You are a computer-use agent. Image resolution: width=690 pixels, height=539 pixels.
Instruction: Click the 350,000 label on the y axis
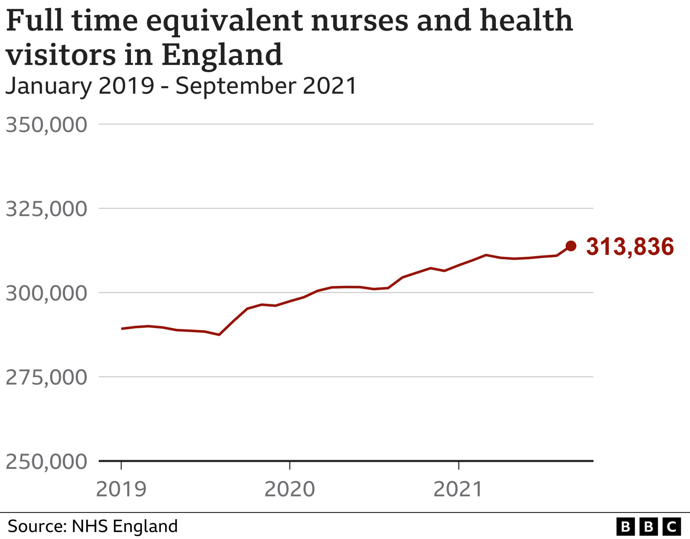click(46, 125)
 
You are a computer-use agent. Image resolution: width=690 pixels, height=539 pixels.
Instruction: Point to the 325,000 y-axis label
click(46, 209)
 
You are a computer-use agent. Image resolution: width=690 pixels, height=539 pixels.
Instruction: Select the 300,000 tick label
click(46, 293)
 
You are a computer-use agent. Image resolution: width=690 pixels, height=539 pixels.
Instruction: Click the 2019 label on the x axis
click(121, 489)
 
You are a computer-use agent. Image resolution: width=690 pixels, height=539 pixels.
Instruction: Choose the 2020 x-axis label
click(290, 489)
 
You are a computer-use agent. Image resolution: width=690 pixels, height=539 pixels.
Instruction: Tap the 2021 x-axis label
click(458, 489)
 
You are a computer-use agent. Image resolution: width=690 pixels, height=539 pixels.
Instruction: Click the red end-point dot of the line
click(571, 246)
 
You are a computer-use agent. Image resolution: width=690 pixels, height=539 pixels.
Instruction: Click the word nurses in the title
click(359, 21)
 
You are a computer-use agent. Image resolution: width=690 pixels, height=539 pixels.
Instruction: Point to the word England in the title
click(222, 55)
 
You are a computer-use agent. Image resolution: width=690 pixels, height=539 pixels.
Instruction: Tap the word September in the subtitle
click(236, 86)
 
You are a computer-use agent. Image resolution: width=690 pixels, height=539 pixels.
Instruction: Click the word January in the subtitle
click(49, 86)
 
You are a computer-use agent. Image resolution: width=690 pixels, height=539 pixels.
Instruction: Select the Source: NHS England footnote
click(93, 526)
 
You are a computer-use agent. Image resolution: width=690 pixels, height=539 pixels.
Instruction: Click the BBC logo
click(649, 527)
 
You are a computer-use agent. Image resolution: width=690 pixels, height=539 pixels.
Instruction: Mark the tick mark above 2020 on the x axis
click(290, 465)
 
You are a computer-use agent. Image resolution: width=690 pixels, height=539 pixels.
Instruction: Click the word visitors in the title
click(61, 55)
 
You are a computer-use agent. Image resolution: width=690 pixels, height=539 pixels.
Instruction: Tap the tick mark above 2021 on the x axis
click(459, 465)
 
